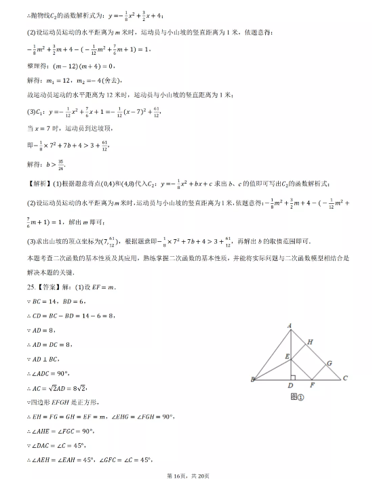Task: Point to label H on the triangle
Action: tap(310, 343)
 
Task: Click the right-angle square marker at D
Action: tap(292, 375)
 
